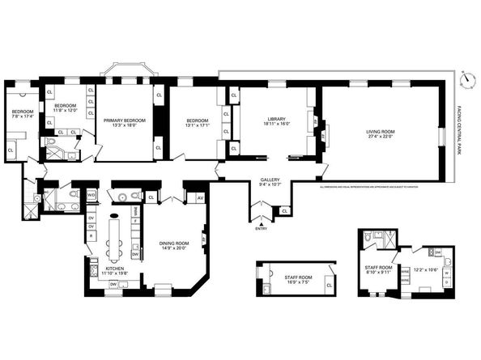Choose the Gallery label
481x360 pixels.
pos(270,182)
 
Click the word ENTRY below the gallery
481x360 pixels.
pos(260,229)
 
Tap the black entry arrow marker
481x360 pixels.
pos(260,222)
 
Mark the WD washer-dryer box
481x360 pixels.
pos(91,195)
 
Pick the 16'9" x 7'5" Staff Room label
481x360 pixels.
pos(296,280)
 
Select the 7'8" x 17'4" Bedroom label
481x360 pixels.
pos(23,116)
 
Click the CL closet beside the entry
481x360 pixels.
pos(284,211)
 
